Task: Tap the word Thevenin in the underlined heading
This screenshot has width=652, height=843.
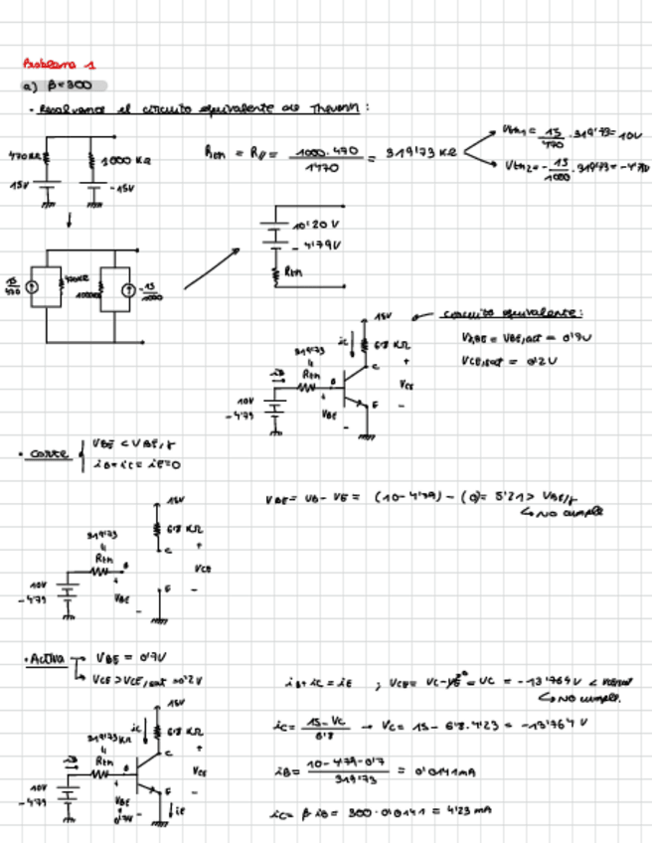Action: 336,107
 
